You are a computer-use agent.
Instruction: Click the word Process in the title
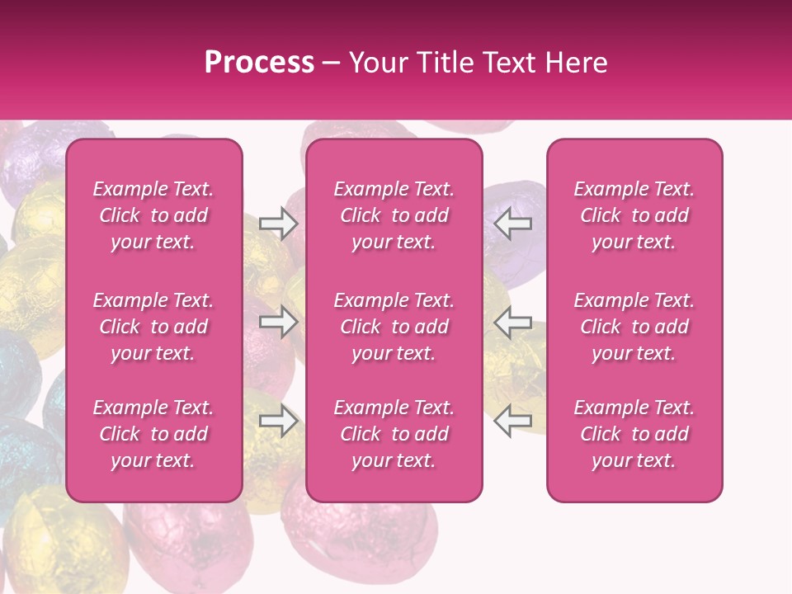click(x=259, y=63)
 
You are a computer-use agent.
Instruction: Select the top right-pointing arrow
click(x=279, y=224)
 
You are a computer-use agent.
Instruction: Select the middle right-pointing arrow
click(x=279, y=322)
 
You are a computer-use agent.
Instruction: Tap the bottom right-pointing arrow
click(x=279, y=422)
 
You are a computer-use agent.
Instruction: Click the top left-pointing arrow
click(x=513, y=224)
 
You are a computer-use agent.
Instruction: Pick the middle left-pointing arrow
click(x=513, y=322)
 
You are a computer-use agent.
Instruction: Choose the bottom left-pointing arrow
click(x=513, y=422)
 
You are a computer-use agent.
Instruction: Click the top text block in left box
click(x=153, y=215)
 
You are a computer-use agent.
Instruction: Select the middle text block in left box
click(x=153, y=327)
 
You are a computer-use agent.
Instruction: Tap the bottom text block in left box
click(x=153, y=434)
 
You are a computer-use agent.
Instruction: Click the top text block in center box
click(x=394, y=215)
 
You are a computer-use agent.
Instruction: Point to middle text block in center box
click(x=394, y=327)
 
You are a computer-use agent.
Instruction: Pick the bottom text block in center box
click(x=394, y=434)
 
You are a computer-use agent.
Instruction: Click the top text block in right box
click(x=634, y=215)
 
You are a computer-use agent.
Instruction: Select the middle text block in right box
click(x=634, y=327)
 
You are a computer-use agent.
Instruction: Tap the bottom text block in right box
click(x=634, y=434)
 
